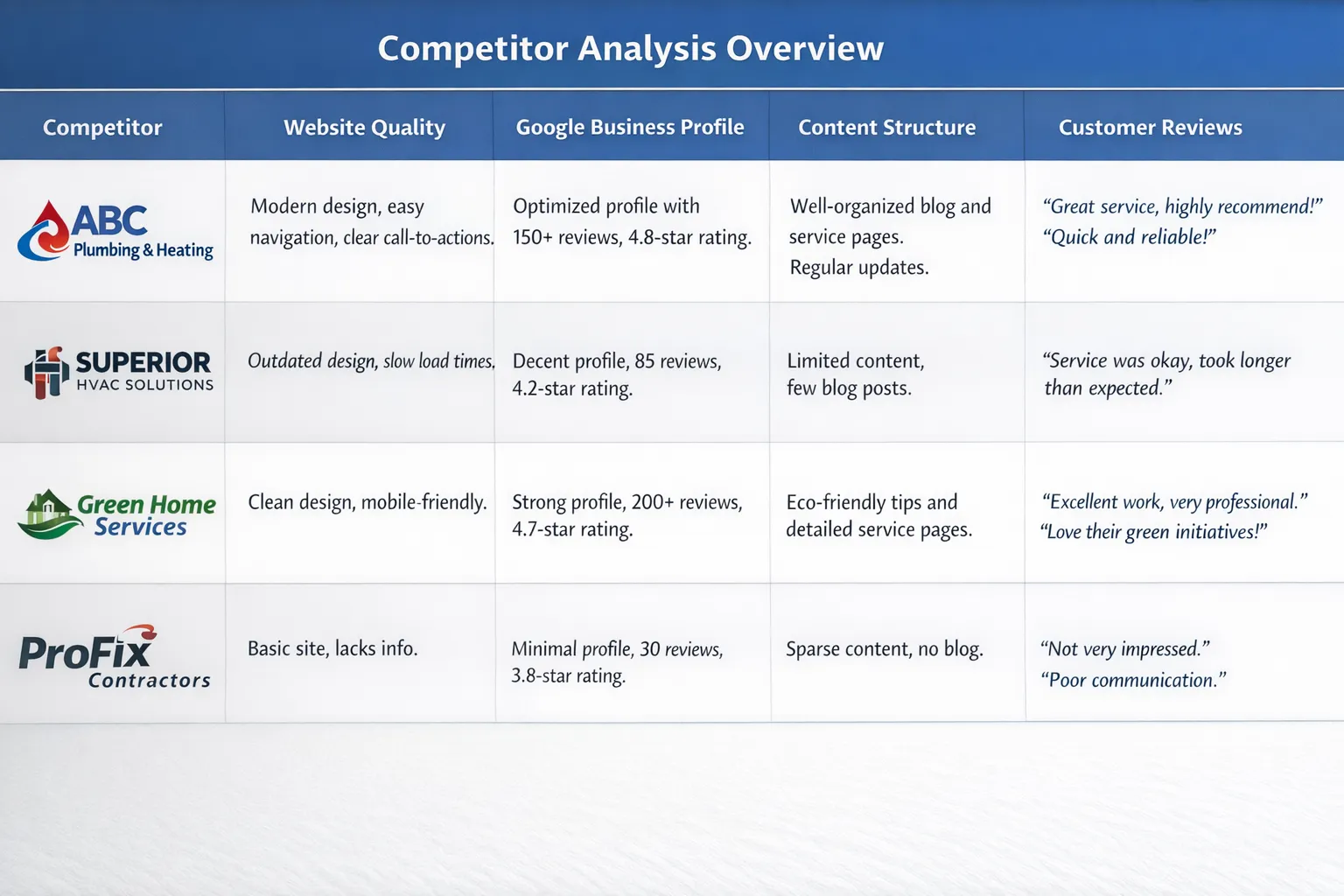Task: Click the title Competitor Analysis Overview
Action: pos(631,49)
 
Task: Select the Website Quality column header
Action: pos(364,127)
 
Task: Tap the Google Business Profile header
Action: pos(630,127)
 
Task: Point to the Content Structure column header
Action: pos(886,127)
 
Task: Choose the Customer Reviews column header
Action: pos(1151,127)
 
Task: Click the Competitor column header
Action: pos(102,127)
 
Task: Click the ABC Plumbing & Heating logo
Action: pos(115,231)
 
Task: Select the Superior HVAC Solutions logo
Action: pos(118,372)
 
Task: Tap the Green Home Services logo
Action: pos(116,514)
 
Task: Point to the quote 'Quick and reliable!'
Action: pos(1130,237)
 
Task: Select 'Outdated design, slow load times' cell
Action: pos(371,360)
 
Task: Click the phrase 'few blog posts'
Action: pos(849,388)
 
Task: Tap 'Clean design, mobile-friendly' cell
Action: pos(367,502)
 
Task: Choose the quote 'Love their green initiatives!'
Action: pos(1153,532)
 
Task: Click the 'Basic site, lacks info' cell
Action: pos(332,648)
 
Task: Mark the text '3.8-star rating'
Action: pos(568,676)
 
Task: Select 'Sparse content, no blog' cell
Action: pos(885,649)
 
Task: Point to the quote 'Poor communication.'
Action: pos(1133,680)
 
